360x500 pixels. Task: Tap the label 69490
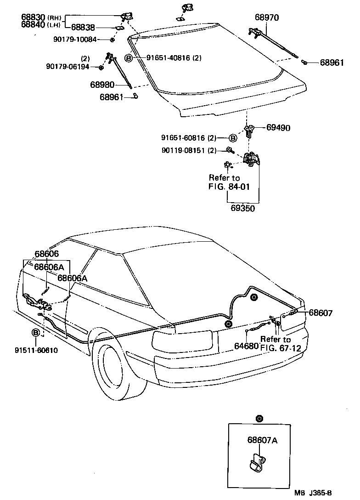[278, 128]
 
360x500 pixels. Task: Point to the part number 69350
[243, 208]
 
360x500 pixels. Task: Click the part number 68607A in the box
[262, 440]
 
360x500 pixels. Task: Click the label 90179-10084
[74, 40]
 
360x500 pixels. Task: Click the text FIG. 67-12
[280, 347]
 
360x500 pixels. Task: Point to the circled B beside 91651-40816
[129, 58]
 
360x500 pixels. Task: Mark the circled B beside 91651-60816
[233, 138]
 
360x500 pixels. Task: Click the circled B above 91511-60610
[36, 332]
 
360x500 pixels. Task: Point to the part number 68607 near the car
[320, 313]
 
